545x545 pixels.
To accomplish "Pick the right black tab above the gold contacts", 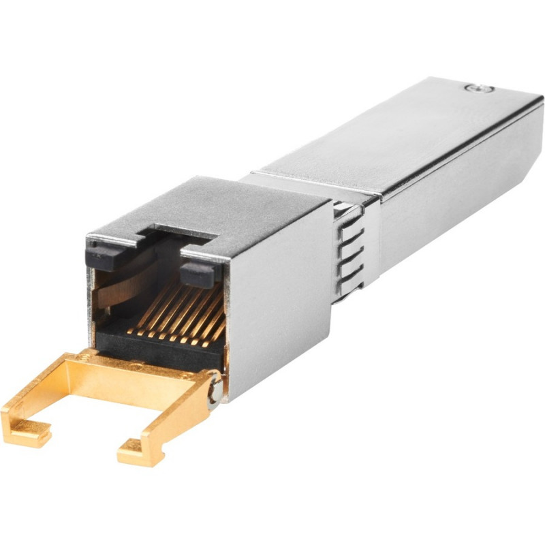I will (x=198, y=272).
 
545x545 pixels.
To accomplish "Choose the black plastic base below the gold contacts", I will (x=157, y=347).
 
